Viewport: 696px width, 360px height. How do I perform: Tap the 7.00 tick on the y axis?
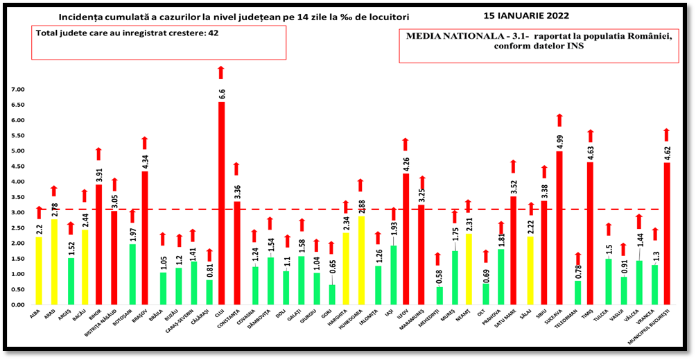tap(16, 89)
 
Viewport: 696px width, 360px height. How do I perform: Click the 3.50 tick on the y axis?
tap(16, 197)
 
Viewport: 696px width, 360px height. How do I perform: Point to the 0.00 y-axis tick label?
tap(16, 305)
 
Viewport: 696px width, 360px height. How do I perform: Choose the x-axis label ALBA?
tap(34, 314)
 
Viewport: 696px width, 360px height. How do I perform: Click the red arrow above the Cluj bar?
tap(221, 72)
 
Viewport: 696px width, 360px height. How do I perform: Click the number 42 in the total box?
tap(214, 33)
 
